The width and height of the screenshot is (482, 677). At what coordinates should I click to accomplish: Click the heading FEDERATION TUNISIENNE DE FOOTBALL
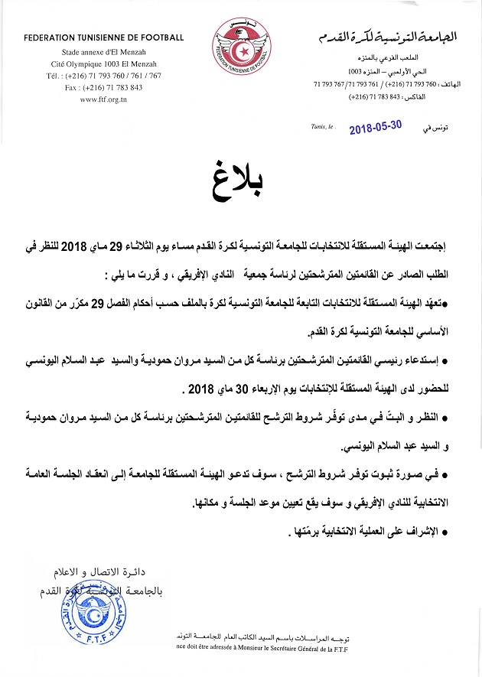point(104,37)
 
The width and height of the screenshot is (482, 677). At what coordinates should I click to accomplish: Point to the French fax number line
point(104,87)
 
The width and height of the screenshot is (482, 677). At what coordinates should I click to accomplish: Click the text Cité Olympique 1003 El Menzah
point(104,67)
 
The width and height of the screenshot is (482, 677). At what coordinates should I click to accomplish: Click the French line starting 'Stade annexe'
point(104,56)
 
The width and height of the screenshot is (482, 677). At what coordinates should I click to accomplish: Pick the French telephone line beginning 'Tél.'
point(104,76)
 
